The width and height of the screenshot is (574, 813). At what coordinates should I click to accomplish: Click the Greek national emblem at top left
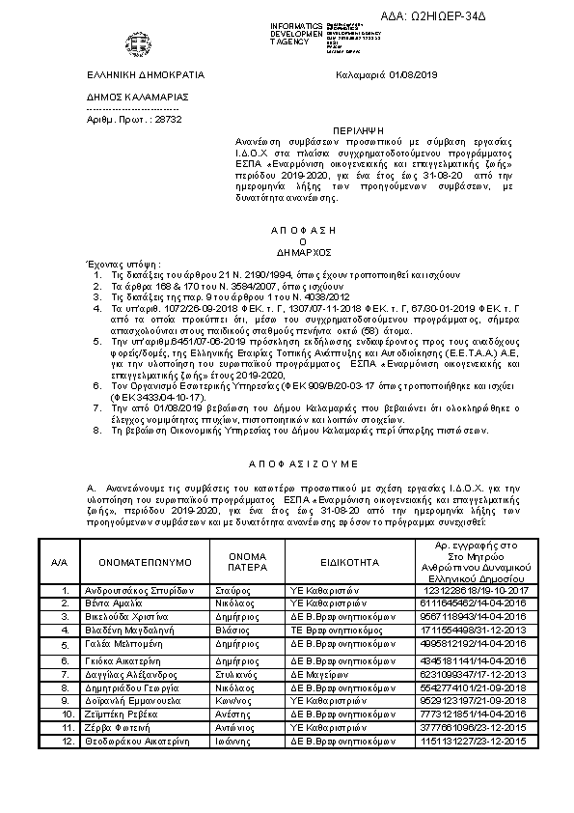point(134,43)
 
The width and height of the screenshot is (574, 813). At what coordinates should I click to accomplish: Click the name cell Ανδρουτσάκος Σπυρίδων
point(141,590)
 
